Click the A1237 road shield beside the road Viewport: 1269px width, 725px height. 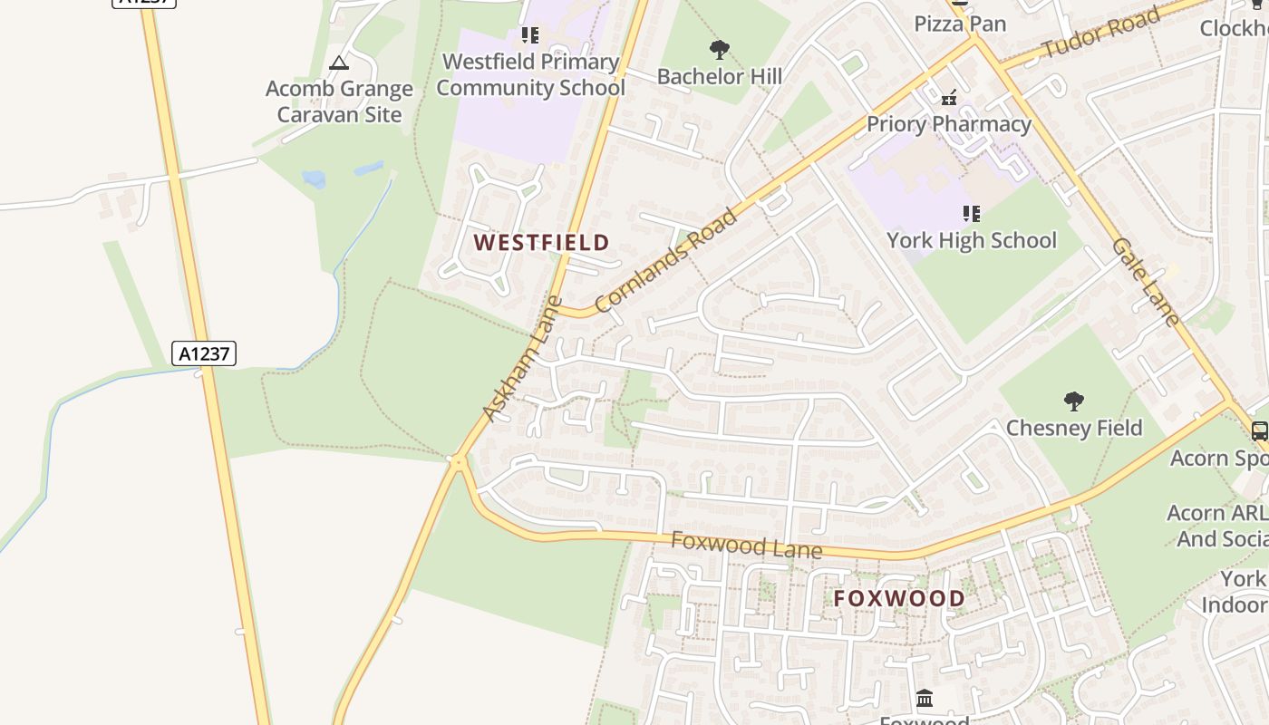tap(204, 353)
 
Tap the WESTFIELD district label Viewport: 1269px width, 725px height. tap(541, 243)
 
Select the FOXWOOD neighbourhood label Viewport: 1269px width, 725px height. tap(899, 598)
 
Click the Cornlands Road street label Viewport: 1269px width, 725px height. tap(667, 261)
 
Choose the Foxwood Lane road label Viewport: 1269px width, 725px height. tap(746, 546)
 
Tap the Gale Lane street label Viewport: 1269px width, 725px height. tap(1146, 282)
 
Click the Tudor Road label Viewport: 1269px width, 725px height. tap(1101, 34)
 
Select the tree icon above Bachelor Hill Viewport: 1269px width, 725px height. tap(720, 50)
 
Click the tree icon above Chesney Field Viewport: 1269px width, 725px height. tap(1073, 401)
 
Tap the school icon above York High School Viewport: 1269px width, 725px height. tap(972, 214)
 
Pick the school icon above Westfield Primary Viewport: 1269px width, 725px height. tap(530, 35)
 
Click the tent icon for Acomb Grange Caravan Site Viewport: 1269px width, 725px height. tap(339, 63)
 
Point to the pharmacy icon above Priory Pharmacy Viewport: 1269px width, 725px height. tap(949, 97)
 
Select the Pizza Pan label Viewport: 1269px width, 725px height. tap(960, 24)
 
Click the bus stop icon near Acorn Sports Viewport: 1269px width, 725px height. tap(1259, 431)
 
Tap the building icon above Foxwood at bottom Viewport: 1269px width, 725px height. tap(925, 699)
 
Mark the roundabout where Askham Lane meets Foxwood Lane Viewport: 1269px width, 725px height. tap(459, 462)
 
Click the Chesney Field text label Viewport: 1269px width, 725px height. tap(1074, 428)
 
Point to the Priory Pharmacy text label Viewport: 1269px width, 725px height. tap(949, 124)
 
